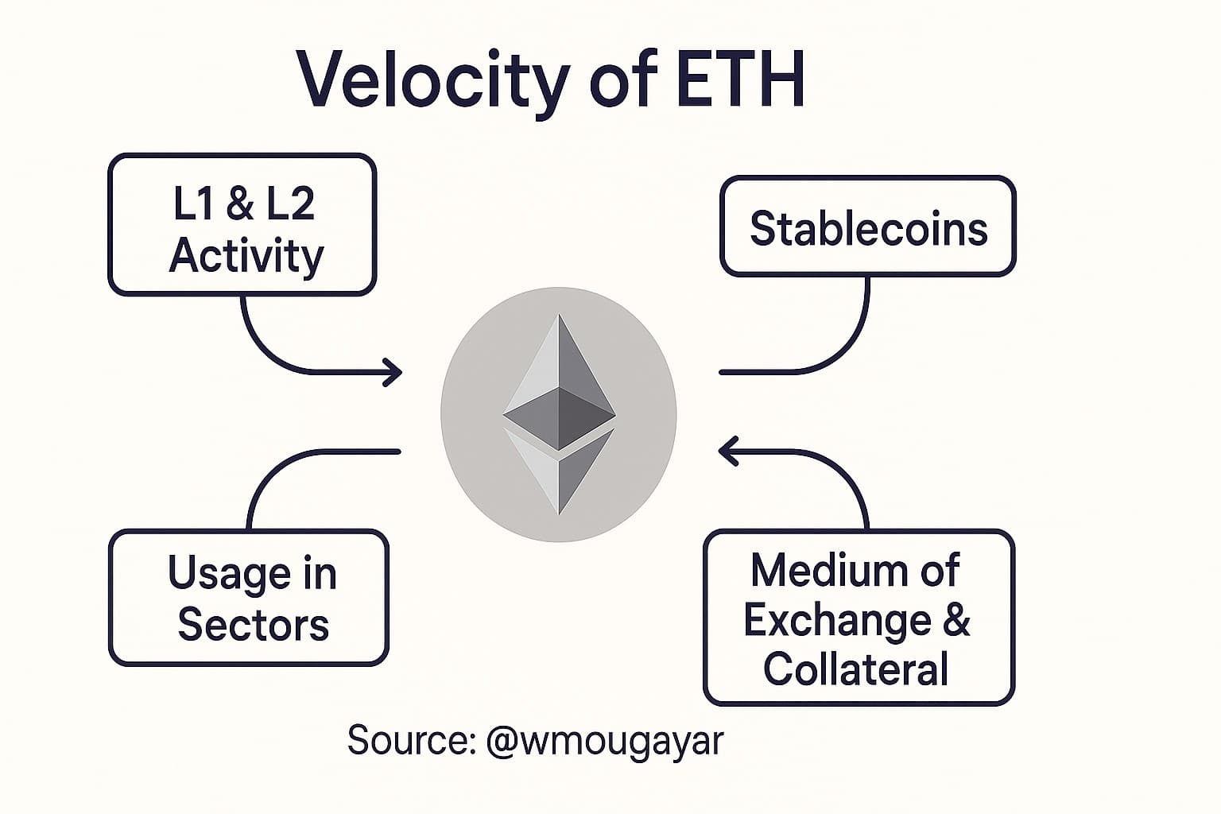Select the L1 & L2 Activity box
[x=242, y=225]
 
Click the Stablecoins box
[x=867, y=227]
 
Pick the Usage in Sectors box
[x=249, y=598]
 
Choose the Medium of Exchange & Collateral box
[x=859, y=618]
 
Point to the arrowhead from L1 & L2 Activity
[x=393, y=371]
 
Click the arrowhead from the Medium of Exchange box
[x=728, y=451]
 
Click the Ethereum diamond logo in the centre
[x=559, y=413]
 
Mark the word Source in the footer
[x=409, y=741]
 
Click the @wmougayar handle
[x=604, y=741]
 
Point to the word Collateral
[x=855, y=669]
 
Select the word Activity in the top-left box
[x=246, y=256]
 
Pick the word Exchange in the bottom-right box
[x=838, y=619]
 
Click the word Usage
[x=229, y=574]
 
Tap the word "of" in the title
[x=625, y=79]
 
